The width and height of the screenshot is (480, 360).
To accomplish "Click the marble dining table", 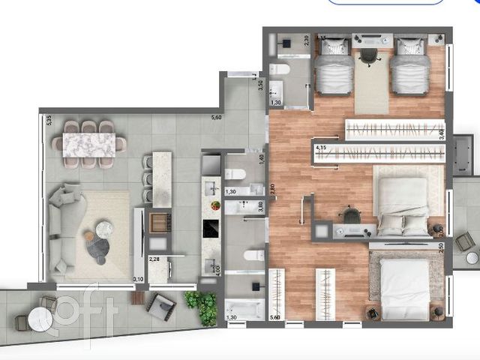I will pos(94,142).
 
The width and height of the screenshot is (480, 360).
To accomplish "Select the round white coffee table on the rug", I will pos(104,228).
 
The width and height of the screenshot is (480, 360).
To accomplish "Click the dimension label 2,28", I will pos(155,259).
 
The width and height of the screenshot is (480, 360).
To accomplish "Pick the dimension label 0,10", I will pos(138,279).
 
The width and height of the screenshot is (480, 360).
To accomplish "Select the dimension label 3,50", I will pos(260,85).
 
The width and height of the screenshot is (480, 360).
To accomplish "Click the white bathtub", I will pos(244,309).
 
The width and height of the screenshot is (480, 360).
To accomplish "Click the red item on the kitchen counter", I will pos(216,205).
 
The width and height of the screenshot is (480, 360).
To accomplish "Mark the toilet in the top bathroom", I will pos(279,70).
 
